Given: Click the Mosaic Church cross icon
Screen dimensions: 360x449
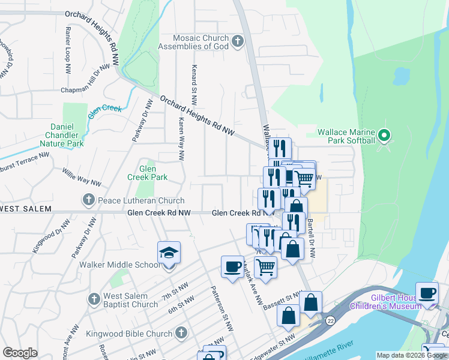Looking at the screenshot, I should [238, 41].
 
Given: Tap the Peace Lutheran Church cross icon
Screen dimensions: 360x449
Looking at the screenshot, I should [88, 200].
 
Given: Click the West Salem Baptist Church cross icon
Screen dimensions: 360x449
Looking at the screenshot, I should [94, 299].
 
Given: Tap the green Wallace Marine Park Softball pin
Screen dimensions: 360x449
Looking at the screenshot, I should [385, 135].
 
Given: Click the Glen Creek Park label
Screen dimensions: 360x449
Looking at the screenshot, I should [147, 173].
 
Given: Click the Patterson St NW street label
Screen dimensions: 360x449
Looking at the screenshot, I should [221, 308].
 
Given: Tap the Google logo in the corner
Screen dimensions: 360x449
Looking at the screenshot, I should [20, 353].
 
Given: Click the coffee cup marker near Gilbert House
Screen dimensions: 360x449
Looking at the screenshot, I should [427, 293].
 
